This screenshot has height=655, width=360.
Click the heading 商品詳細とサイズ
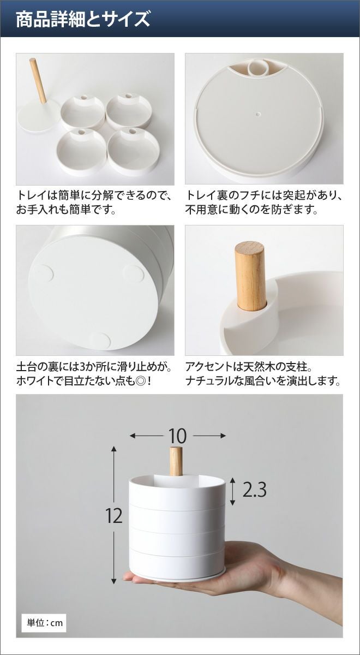(x=83, y=19)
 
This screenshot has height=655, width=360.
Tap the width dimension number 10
(x=177, y=436)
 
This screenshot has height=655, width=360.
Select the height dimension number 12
(x=114, y=516)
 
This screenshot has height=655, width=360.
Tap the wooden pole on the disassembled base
(x=38, y=81)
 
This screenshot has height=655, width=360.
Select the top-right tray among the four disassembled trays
(x=128, y=110)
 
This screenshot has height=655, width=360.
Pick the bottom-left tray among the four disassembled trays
(x=81, y=152)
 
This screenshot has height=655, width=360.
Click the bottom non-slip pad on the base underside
(x=100, y=341)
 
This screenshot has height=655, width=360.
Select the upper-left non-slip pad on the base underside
(x=43, y=273)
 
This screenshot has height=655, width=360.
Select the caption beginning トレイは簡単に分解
(x=94, y=203)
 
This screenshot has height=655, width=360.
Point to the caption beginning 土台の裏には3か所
(x=94, y=374)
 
